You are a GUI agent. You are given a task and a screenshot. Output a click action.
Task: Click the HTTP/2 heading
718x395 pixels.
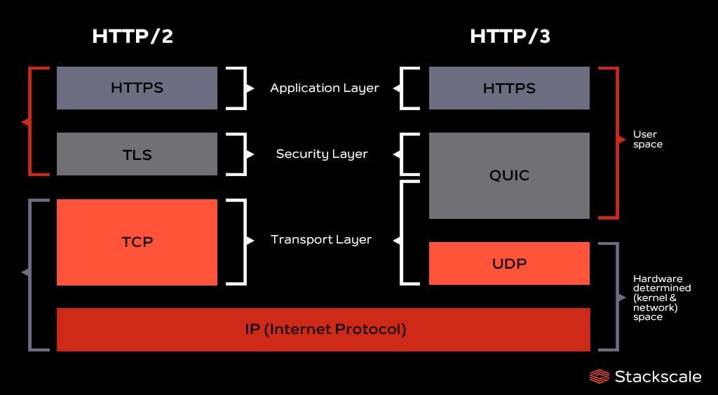pyautogui.click(x=132, y=36)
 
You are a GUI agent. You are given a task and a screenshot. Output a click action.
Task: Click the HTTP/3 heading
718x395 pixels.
pyautogui.click(x=510, y=36)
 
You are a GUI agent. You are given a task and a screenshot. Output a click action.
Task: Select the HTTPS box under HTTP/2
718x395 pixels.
pyautogui.click(x=137, y=88)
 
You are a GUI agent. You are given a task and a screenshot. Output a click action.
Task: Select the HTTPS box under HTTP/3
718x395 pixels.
pyautogui.click(x=509, y=88)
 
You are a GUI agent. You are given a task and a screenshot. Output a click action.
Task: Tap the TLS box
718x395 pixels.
pyautogui.click(x=137, y=154)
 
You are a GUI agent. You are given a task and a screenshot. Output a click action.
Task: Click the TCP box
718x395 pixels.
pyautogui.click(x=137, y=242)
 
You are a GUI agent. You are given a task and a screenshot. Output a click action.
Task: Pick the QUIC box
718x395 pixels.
pyautogui.click(x=509, y=175)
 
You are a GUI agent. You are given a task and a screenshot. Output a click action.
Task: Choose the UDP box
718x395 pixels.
pyautogui.click(x=509, y=264)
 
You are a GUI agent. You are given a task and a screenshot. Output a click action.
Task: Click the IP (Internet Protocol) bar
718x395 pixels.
pyautogui.click(x=323, y=329)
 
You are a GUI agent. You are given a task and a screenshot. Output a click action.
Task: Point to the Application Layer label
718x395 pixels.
pyautogui.click(x=324, y=88)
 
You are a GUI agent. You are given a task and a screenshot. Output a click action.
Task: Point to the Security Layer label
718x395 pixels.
pyautogui.click(x=322, y=154)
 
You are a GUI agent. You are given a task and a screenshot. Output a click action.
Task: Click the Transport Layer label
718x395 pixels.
pyautogui.click(x=321, y=239)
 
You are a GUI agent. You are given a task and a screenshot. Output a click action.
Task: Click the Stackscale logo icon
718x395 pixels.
pyautogui.click(x=599, y=377)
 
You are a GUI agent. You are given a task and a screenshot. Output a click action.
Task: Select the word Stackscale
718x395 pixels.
pyautogui.click(x=658, y=377)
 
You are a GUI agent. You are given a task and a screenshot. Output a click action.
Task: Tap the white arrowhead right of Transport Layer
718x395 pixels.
pyautogui.click(x=396, y=240)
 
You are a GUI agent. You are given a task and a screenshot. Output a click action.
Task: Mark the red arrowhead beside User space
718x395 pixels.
pyautogui.click(x=622, y=140)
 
